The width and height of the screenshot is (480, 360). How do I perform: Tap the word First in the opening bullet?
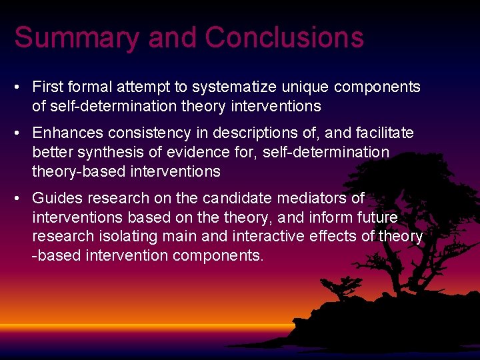48,87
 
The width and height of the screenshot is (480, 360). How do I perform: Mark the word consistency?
145,133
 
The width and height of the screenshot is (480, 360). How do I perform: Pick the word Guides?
55,198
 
